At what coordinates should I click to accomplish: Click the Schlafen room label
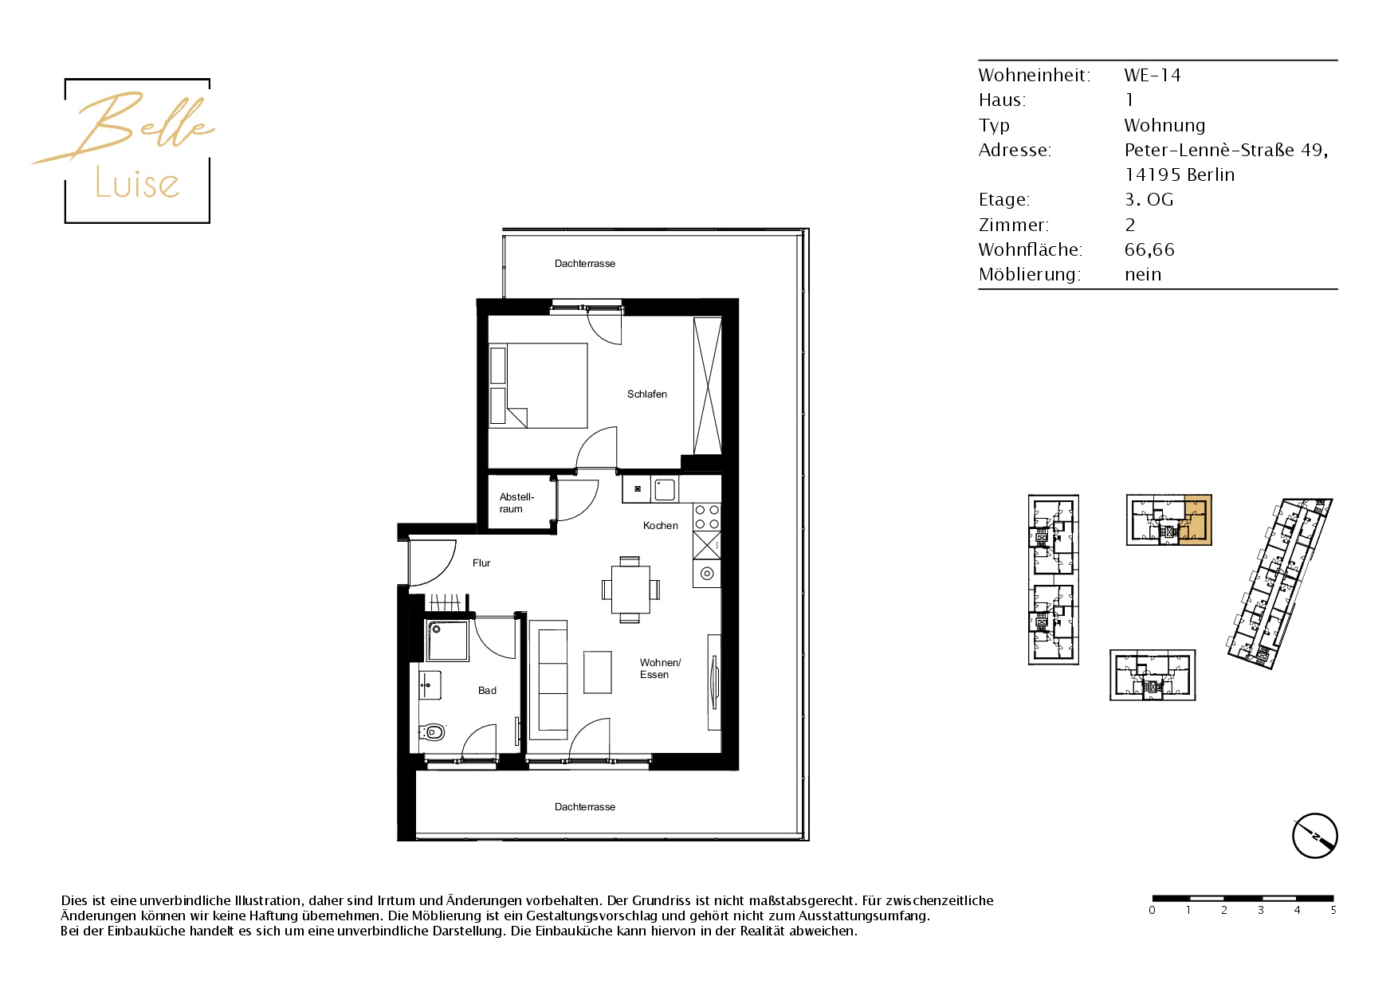click(646, 394)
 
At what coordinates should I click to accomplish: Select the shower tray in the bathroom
click(447, 641)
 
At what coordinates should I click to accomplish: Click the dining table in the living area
click(630, 590)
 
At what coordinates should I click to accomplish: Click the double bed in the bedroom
click(538, 386)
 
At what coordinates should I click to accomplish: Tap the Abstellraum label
click(516, 503)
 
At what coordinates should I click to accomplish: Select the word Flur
click(481, 563)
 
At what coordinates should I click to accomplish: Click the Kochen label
click(661, 526)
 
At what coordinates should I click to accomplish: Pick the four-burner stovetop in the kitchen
click(707, 516)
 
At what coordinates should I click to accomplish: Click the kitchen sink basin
click(665, 489)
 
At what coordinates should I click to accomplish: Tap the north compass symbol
click(1314, 836)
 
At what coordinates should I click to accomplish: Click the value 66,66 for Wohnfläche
click(1149, 249)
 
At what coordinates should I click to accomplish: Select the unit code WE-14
click(1153, 75)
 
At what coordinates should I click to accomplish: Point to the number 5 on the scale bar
click(1333, 910)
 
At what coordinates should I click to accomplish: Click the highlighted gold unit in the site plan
click(1196, 520)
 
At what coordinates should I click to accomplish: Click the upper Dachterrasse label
click(585, 264)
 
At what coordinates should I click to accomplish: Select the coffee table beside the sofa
click(598, 672)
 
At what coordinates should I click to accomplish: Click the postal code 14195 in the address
click(1153, 174)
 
